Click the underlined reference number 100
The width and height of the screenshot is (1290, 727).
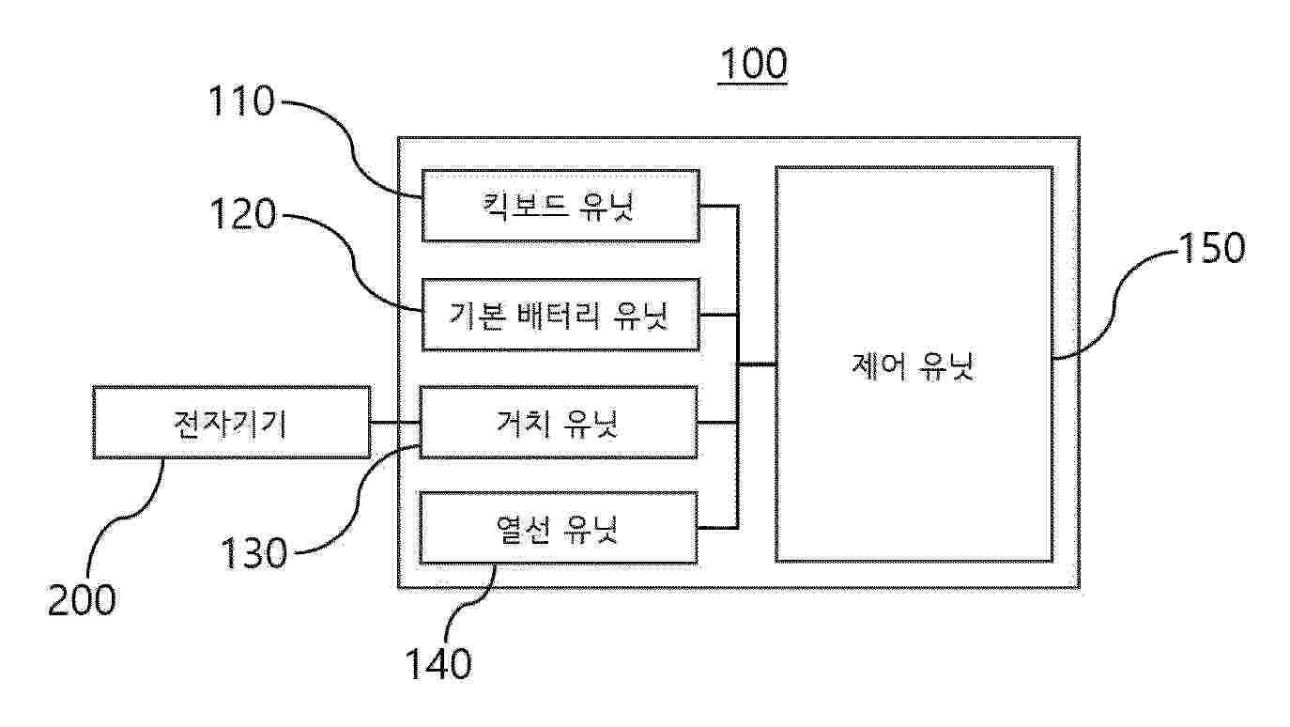click(x=753, y=64)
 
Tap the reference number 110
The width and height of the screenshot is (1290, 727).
click(x=241, y=101)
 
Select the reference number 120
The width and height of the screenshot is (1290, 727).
click(x=243, y=215)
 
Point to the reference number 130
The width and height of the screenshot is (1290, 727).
click(x=254, y=553)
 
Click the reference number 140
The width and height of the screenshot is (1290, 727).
click(x=438, y=664)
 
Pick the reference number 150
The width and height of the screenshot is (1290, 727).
click(x=1212, y=248)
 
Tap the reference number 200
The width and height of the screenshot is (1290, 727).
click(x=81, y=600)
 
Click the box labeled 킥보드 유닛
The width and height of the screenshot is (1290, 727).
click(x=561, y=206)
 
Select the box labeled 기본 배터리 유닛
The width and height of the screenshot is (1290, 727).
click(x=561, y=315)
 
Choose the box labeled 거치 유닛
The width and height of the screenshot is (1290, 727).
click(x=559, y=423)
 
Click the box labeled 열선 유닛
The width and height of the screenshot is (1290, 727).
click(x=559, y=528)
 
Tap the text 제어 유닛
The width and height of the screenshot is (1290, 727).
click(x=914, y=365)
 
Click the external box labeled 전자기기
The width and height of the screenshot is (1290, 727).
click(x=232, y=423)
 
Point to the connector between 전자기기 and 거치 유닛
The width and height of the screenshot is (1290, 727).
click(x=395, y=423)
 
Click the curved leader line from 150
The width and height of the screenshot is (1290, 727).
click(x=1115, y=304)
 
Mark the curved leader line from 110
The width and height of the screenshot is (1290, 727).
click(x=352, y=149)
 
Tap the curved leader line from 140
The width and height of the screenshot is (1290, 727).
click(x=472, y=604)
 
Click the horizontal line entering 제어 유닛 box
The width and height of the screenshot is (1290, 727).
click(x=757, y=364)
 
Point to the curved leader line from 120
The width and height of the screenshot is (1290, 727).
click(x=352, y=263)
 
